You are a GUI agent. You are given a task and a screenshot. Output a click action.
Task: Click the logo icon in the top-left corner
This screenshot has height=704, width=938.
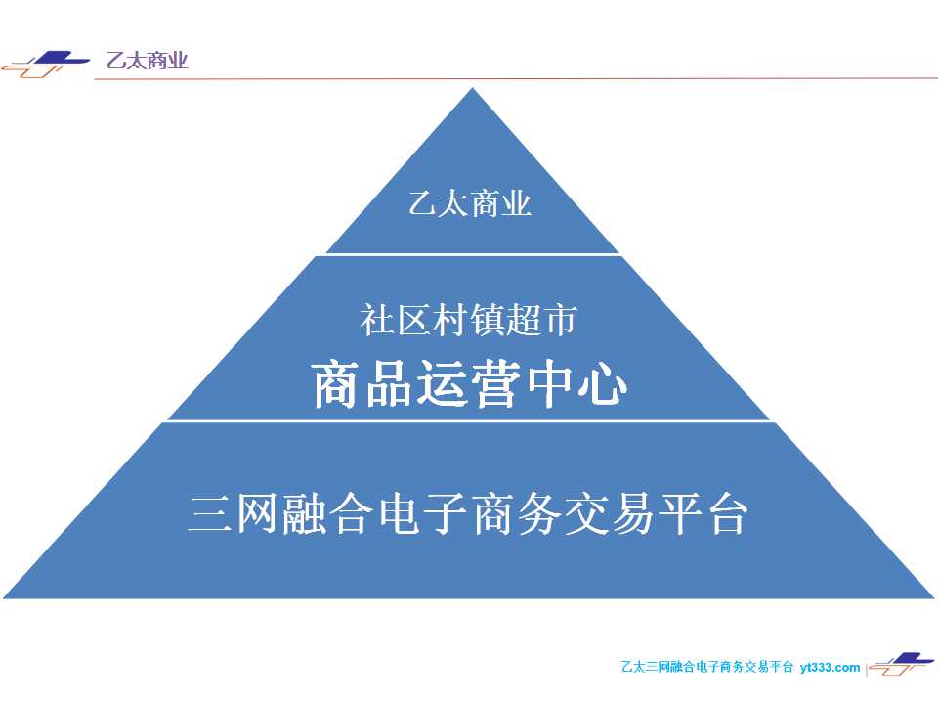[x=45, y=65]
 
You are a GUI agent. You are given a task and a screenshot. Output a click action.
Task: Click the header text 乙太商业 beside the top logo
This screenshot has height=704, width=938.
[x=148, y=61]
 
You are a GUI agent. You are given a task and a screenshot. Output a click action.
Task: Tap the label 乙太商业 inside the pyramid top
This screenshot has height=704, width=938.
[x=470, y=203]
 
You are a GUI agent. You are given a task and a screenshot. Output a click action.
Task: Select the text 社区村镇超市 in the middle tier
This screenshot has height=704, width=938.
[x=468, y=320]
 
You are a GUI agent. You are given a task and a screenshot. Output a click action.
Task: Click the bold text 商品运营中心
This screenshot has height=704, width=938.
[x=470, y=384]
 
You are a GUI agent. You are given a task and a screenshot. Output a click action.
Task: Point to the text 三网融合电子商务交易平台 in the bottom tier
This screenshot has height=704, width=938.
[x=468, y=513]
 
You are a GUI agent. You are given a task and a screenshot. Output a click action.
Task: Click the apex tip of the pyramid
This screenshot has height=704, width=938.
[x=473, y=88]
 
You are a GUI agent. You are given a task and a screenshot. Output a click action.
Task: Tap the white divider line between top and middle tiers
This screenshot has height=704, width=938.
[x=473, y=254]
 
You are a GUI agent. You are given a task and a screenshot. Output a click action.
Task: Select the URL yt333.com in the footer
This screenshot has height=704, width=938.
[x=830, y=667]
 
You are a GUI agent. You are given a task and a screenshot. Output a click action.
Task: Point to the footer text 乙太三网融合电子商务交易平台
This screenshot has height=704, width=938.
[x=707, y=667]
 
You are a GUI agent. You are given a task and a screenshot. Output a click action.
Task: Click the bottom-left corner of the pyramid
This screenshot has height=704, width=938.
[x=4, y=597]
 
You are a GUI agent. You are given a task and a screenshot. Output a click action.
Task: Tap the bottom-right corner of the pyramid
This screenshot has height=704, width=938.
[x=933, y=597]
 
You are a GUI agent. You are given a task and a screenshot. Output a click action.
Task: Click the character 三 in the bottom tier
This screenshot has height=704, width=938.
[x=209, y=513]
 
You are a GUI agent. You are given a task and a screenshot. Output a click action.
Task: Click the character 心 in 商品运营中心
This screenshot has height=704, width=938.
[x=603, y=384]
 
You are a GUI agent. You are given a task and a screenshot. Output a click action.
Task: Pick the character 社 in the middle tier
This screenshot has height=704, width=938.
[x=376, y=320]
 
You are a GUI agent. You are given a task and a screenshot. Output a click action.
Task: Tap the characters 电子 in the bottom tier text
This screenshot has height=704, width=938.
[x=422, y=513]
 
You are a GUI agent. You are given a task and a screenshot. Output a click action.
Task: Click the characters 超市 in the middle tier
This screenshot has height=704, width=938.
[x=540, y=320]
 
